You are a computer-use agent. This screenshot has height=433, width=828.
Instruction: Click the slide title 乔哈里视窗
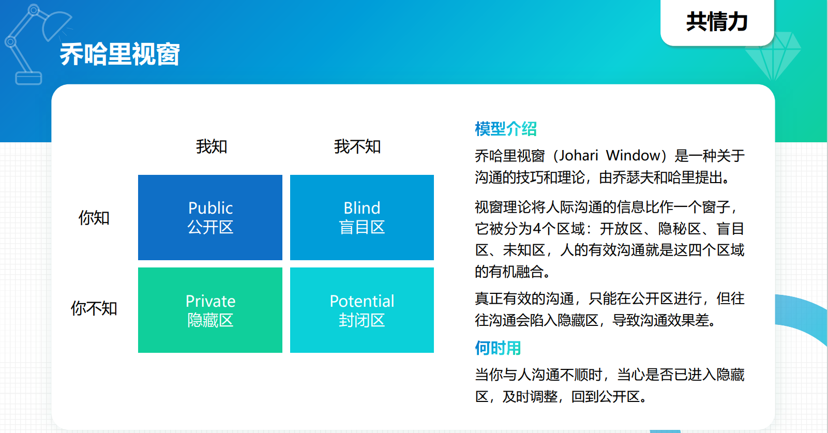[x=120, y=54]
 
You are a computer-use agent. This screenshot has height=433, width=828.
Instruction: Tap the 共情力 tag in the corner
[x=717, y=22]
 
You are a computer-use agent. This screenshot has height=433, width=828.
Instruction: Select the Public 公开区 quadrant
[x=210, y=217]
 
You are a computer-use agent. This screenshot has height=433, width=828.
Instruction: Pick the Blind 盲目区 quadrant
[x=362, y=217]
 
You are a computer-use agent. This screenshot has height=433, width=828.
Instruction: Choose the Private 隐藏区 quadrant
[x=210, y=310]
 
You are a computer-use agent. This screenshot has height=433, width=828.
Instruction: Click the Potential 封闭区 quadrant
[x=362, y=310]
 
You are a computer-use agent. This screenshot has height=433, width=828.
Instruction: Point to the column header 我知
[x=212, y=146]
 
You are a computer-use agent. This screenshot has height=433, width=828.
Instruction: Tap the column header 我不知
[x=357, y=146]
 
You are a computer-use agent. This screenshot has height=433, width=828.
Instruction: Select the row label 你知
[x=94, y=217]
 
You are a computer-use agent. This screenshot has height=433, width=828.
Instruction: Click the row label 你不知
[x=94, y=308]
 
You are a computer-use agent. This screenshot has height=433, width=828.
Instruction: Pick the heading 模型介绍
[x=506, y=129]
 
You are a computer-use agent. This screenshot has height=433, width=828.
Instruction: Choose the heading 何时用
[x=498, y=348]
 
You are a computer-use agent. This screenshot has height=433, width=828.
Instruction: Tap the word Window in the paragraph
[x=633, y=156]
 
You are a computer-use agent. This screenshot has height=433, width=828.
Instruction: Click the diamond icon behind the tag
[x=773, y=55]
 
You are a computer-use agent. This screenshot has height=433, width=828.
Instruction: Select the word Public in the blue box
[x=210, y=208]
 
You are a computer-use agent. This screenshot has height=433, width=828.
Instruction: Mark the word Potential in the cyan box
[x=362, y=301]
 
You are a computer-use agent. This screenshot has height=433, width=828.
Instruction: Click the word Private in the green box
[x=210, y=301]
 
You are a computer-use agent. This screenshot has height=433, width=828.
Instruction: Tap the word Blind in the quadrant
[x=362, y=208]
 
